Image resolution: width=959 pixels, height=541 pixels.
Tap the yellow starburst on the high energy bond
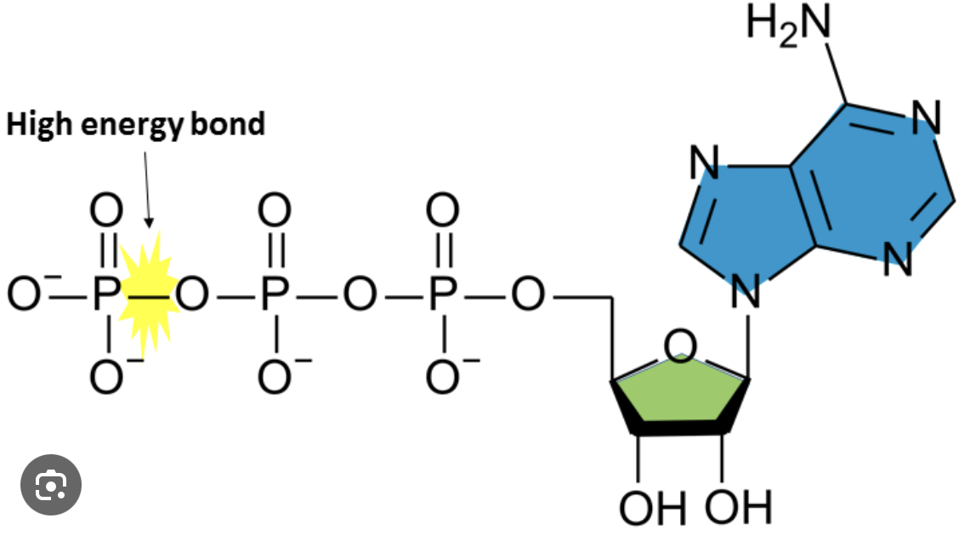point(148,293)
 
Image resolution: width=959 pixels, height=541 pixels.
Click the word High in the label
point(40,125)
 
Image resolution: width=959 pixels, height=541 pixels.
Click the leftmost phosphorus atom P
point(105,295)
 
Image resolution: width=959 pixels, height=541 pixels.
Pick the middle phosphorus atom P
point(274,295)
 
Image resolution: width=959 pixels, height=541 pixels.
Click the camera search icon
point(51,485)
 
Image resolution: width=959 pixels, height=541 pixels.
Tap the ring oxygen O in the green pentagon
point(680,347)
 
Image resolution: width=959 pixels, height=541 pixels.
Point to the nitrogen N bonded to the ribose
point(746,294)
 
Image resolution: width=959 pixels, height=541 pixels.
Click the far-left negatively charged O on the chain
point(23,294)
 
